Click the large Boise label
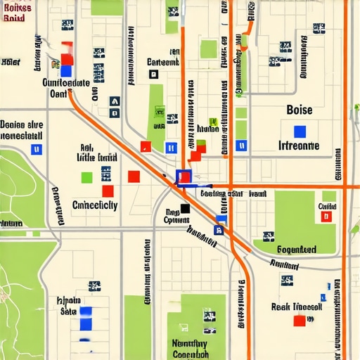tap(300, 110)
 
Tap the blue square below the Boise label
tap(300, 131)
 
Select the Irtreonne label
tap(299, 146)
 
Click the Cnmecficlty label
tap(95, 205)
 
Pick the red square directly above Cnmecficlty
tap(108, 191)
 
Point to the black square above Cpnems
tap(185, 208)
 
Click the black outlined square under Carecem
tap(154, 74)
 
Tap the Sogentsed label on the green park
tap(296, 250)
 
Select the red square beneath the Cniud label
tap(326, 217)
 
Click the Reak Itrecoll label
tap(297, 307)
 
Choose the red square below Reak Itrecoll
tap(299, 321)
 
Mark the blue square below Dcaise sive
tap(37, 149)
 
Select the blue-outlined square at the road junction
tap(183, 176)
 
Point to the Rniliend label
tap(284, 266)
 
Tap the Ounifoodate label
tap(66, 82)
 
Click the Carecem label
tap(163, 62)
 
